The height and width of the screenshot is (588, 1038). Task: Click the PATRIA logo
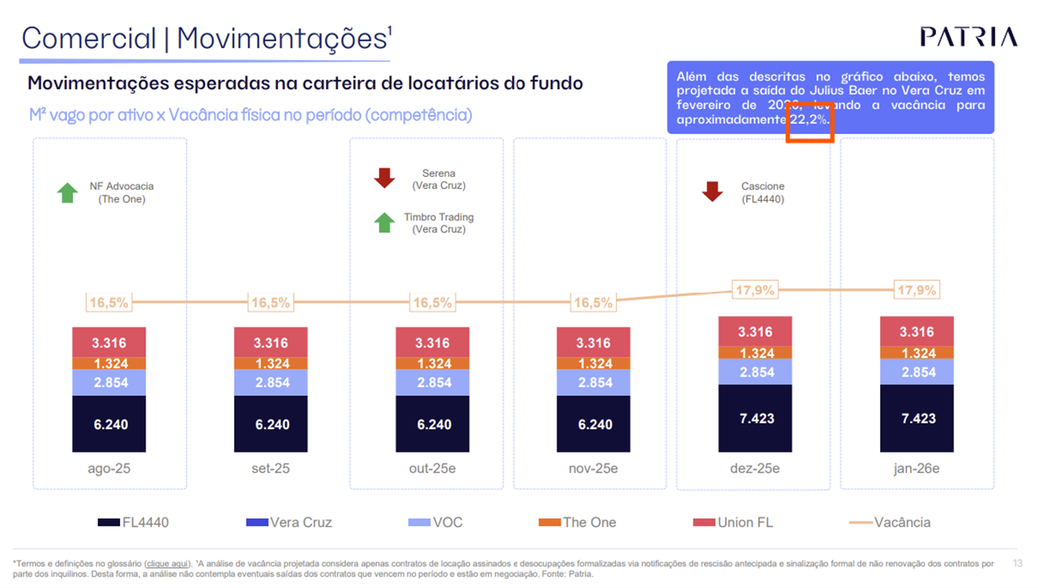tap(968, 37)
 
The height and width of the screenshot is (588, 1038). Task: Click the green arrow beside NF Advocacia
tap(68, 192)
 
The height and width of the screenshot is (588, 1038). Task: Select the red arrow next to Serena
tap(384, 178)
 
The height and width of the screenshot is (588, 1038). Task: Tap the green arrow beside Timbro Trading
tap(384, 222)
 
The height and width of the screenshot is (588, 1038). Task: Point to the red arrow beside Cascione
tap(712, 191)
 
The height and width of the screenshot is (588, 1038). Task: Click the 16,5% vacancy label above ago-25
tap(109, 303)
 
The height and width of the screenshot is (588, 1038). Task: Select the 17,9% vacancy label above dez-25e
tap(755, 290)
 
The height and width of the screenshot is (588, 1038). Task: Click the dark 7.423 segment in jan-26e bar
tap(917, 418)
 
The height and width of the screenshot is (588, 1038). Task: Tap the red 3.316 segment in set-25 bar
tap(271, 342)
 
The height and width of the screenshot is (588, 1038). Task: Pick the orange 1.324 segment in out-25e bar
tap(432, 363)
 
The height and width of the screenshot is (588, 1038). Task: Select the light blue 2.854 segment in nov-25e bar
tap(594, 383)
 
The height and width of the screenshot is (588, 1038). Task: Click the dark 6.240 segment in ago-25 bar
tap(109, 424)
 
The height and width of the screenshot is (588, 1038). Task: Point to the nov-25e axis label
tap(593, 468)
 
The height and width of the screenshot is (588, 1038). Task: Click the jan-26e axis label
tap(916, 468)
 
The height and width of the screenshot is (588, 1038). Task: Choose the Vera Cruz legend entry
tap(290, 522)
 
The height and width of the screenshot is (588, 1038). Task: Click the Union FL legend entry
tap(733, 522)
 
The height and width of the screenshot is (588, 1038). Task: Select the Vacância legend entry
tap(891, 522)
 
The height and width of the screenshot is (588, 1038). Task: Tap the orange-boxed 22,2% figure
tap(809, 120)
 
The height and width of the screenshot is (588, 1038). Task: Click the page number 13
tap(1017, 563)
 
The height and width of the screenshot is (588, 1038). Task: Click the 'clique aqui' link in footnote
tap(167, 564)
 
